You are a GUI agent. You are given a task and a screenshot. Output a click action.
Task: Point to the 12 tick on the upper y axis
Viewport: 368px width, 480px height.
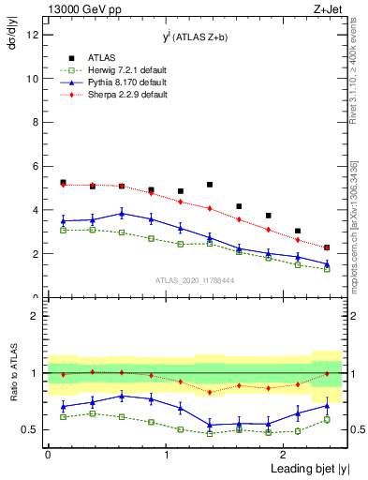coord(36,36)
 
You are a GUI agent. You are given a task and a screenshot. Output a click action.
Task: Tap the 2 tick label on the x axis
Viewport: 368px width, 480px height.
coord(285,455)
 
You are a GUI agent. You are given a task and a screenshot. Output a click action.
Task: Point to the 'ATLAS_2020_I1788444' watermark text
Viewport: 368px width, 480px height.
coord(195,279)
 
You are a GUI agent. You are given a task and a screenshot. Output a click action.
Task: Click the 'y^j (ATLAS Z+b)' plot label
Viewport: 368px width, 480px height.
coord(196,37)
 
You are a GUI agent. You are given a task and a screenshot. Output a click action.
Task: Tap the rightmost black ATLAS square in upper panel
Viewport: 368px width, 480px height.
coord(327,247)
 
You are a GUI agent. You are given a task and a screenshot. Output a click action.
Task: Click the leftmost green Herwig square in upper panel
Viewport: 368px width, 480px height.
coord(63,230)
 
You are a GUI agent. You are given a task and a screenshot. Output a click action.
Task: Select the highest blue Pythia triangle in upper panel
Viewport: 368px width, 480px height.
coord(122,214)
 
